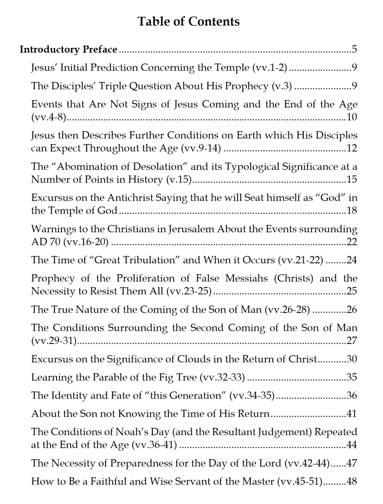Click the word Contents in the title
[213, 22]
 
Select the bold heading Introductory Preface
[68, 50]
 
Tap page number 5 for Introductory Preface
[354, 50]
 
